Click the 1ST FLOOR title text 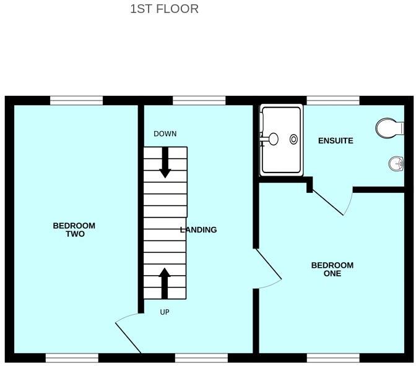click(x=164, y=9)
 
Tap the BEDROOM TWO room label click(x=74, y=230)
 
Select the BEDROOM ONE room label click(x=332, y=270)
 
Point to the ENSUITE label click(x=336, y=141)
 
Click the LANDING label click(x=198, y=230)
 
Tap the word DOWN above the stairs click(x=165, y=134)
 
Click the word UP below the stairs click(x=165, y=312)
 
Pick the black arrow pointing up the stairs click(x=165, y=283)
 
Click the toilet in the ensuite click(x=388, y=128)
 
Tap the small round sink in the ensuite click(x=396, y=163)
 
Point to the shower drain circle click(x=293, y=140)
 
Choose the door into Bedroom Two click(x=129, y=334)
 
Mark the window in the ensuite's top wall click(x=333, y=100)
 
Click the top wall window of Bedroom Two click(x=76, y=100)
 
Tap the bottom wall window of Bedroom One click(x=333, y=357)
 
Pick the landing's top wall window click(x=199, y=100)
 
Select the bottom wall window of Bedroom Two click(x=72, y=357)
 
